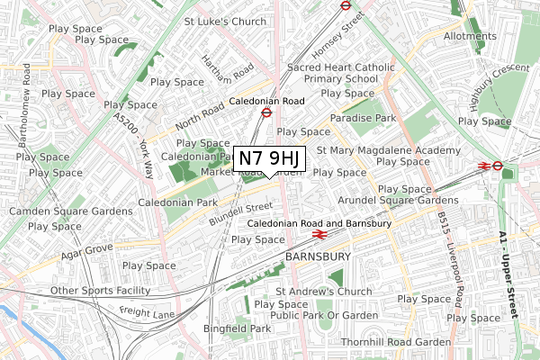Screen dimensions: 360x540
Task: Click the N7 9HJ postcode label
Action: tap(271, 159)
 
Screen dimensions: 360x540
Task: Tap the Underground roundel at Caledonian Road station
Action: tap(266, 113)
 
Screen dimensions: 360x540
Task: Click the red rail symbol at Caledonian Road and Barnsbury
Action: tap(318, 235)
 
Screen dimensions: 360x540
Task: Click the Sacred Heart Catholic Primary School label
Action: tap(340, 73)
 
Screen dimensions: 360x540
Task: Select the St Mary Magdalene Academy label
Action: tap(389, 150)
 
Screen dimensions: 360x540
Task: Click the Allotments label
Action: tap(470, 37)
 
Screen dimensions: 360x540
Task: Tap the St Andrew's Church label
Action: tap(324, 292)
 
